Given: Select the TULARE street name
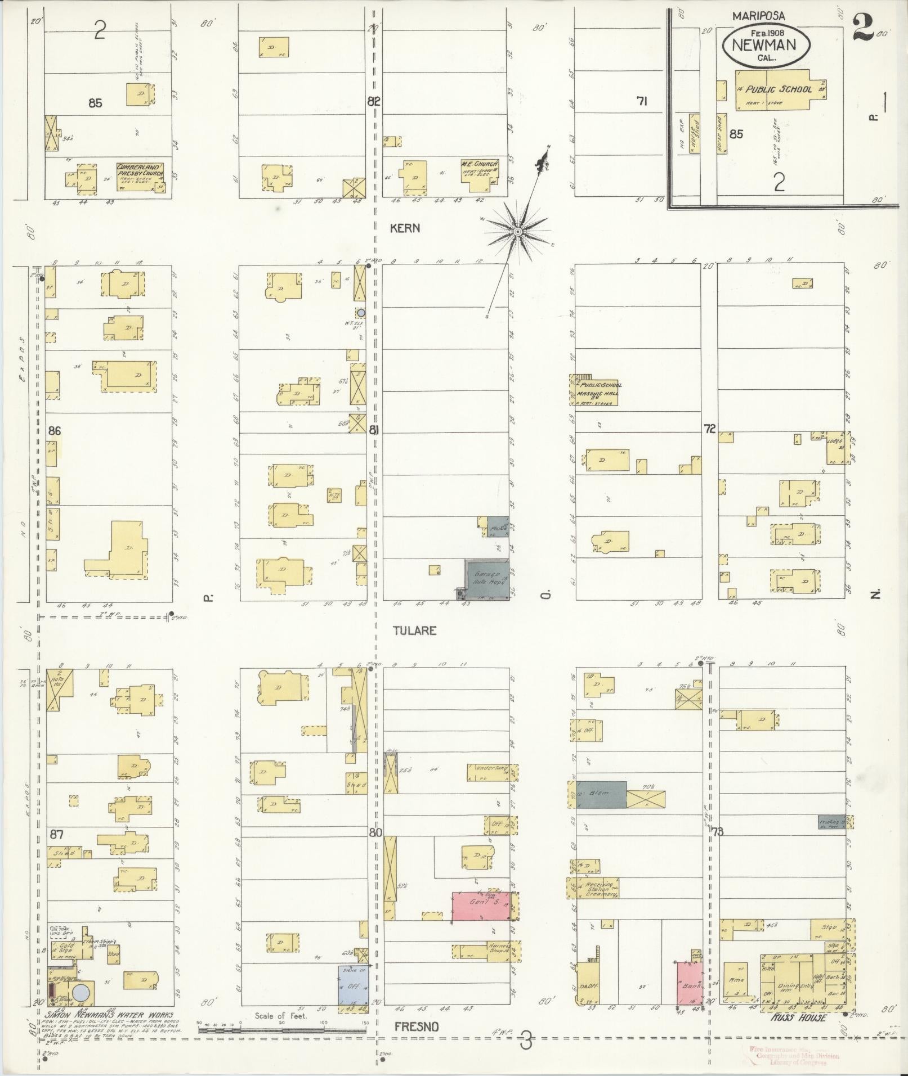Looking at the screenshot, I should (x=415, y=631).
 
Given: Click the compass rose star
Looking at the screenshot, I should (x=517, y=231).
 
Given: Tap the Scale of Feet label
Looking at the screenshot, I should (x=281, y=1016).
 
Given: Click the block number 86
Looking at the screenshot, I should (x=55, y=431).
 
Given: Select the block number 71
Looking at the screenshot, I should (x=641, y=101).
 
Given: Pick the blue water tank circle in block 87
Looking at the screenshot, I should (x=80, y=991).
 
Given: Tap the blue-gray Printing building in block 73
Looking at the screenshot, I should (x=831, y=822).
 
